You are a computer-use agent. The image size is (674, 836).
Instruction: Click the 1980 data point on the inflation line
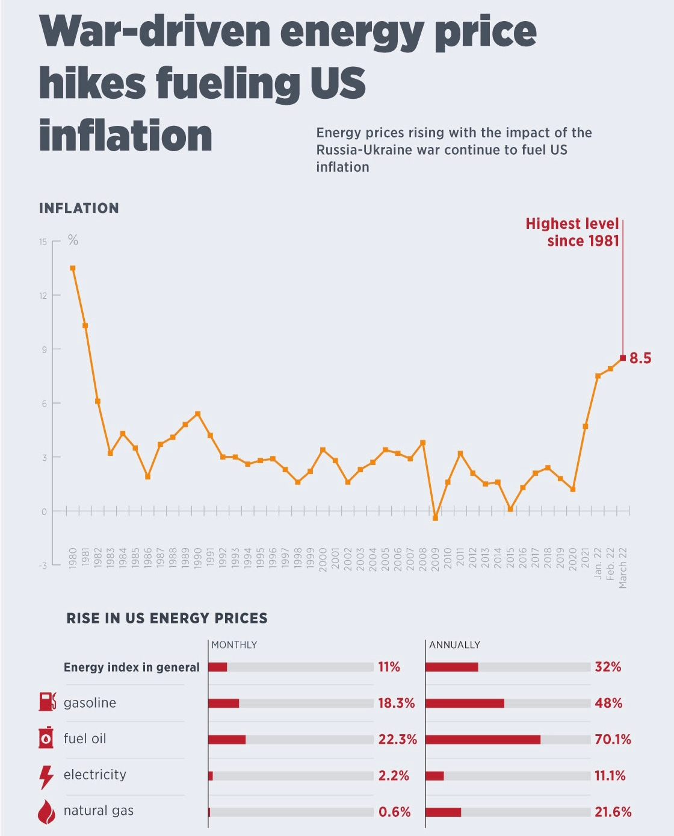73,268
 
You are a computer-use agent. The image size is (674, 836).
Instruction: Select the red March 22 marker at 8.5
623,358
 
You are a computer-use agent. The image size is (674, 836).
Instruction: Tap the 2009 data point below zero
435,518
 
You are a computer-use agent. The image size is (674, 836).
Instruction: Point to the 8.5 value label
640,358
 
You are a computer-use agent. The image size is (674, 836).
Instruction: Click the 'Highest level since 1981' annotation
572,232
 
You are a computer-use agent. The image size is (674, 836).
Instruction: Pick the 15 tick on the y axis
43,242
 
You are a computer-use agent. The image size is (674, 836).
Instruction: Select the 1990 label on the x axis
198,558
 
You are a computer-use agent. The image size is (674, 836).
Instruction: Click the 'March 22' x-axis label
623,567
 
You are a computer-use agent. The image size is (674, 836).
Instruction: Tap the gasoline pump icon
47,702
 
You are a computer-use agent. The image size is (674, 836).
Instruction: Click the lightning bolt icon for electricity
46,776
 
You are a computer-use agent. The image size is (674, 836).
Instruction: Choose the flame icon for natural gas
46,812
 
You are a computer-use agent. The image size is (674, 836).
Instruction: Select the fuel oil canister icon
46,738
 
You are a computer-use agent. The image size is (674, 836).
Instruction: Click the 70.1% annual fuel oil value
613,740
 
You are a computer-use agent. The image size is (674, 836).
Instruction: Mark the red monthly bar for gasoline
224,703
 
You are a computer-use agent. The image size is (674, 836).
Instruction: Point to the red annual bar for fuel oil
483,740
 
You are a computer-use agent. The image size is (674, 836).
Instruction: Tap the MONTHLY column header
234,645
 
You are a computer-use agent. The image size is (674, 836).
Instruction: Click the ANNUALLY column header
454,645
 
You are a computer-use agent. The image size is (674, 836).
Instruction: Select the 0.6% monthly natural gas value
394,812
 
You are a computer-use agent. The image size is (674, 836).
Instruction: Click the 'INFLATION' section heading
79,208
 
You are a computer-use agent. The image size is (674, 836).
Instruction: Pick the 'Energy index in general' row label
131,667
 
